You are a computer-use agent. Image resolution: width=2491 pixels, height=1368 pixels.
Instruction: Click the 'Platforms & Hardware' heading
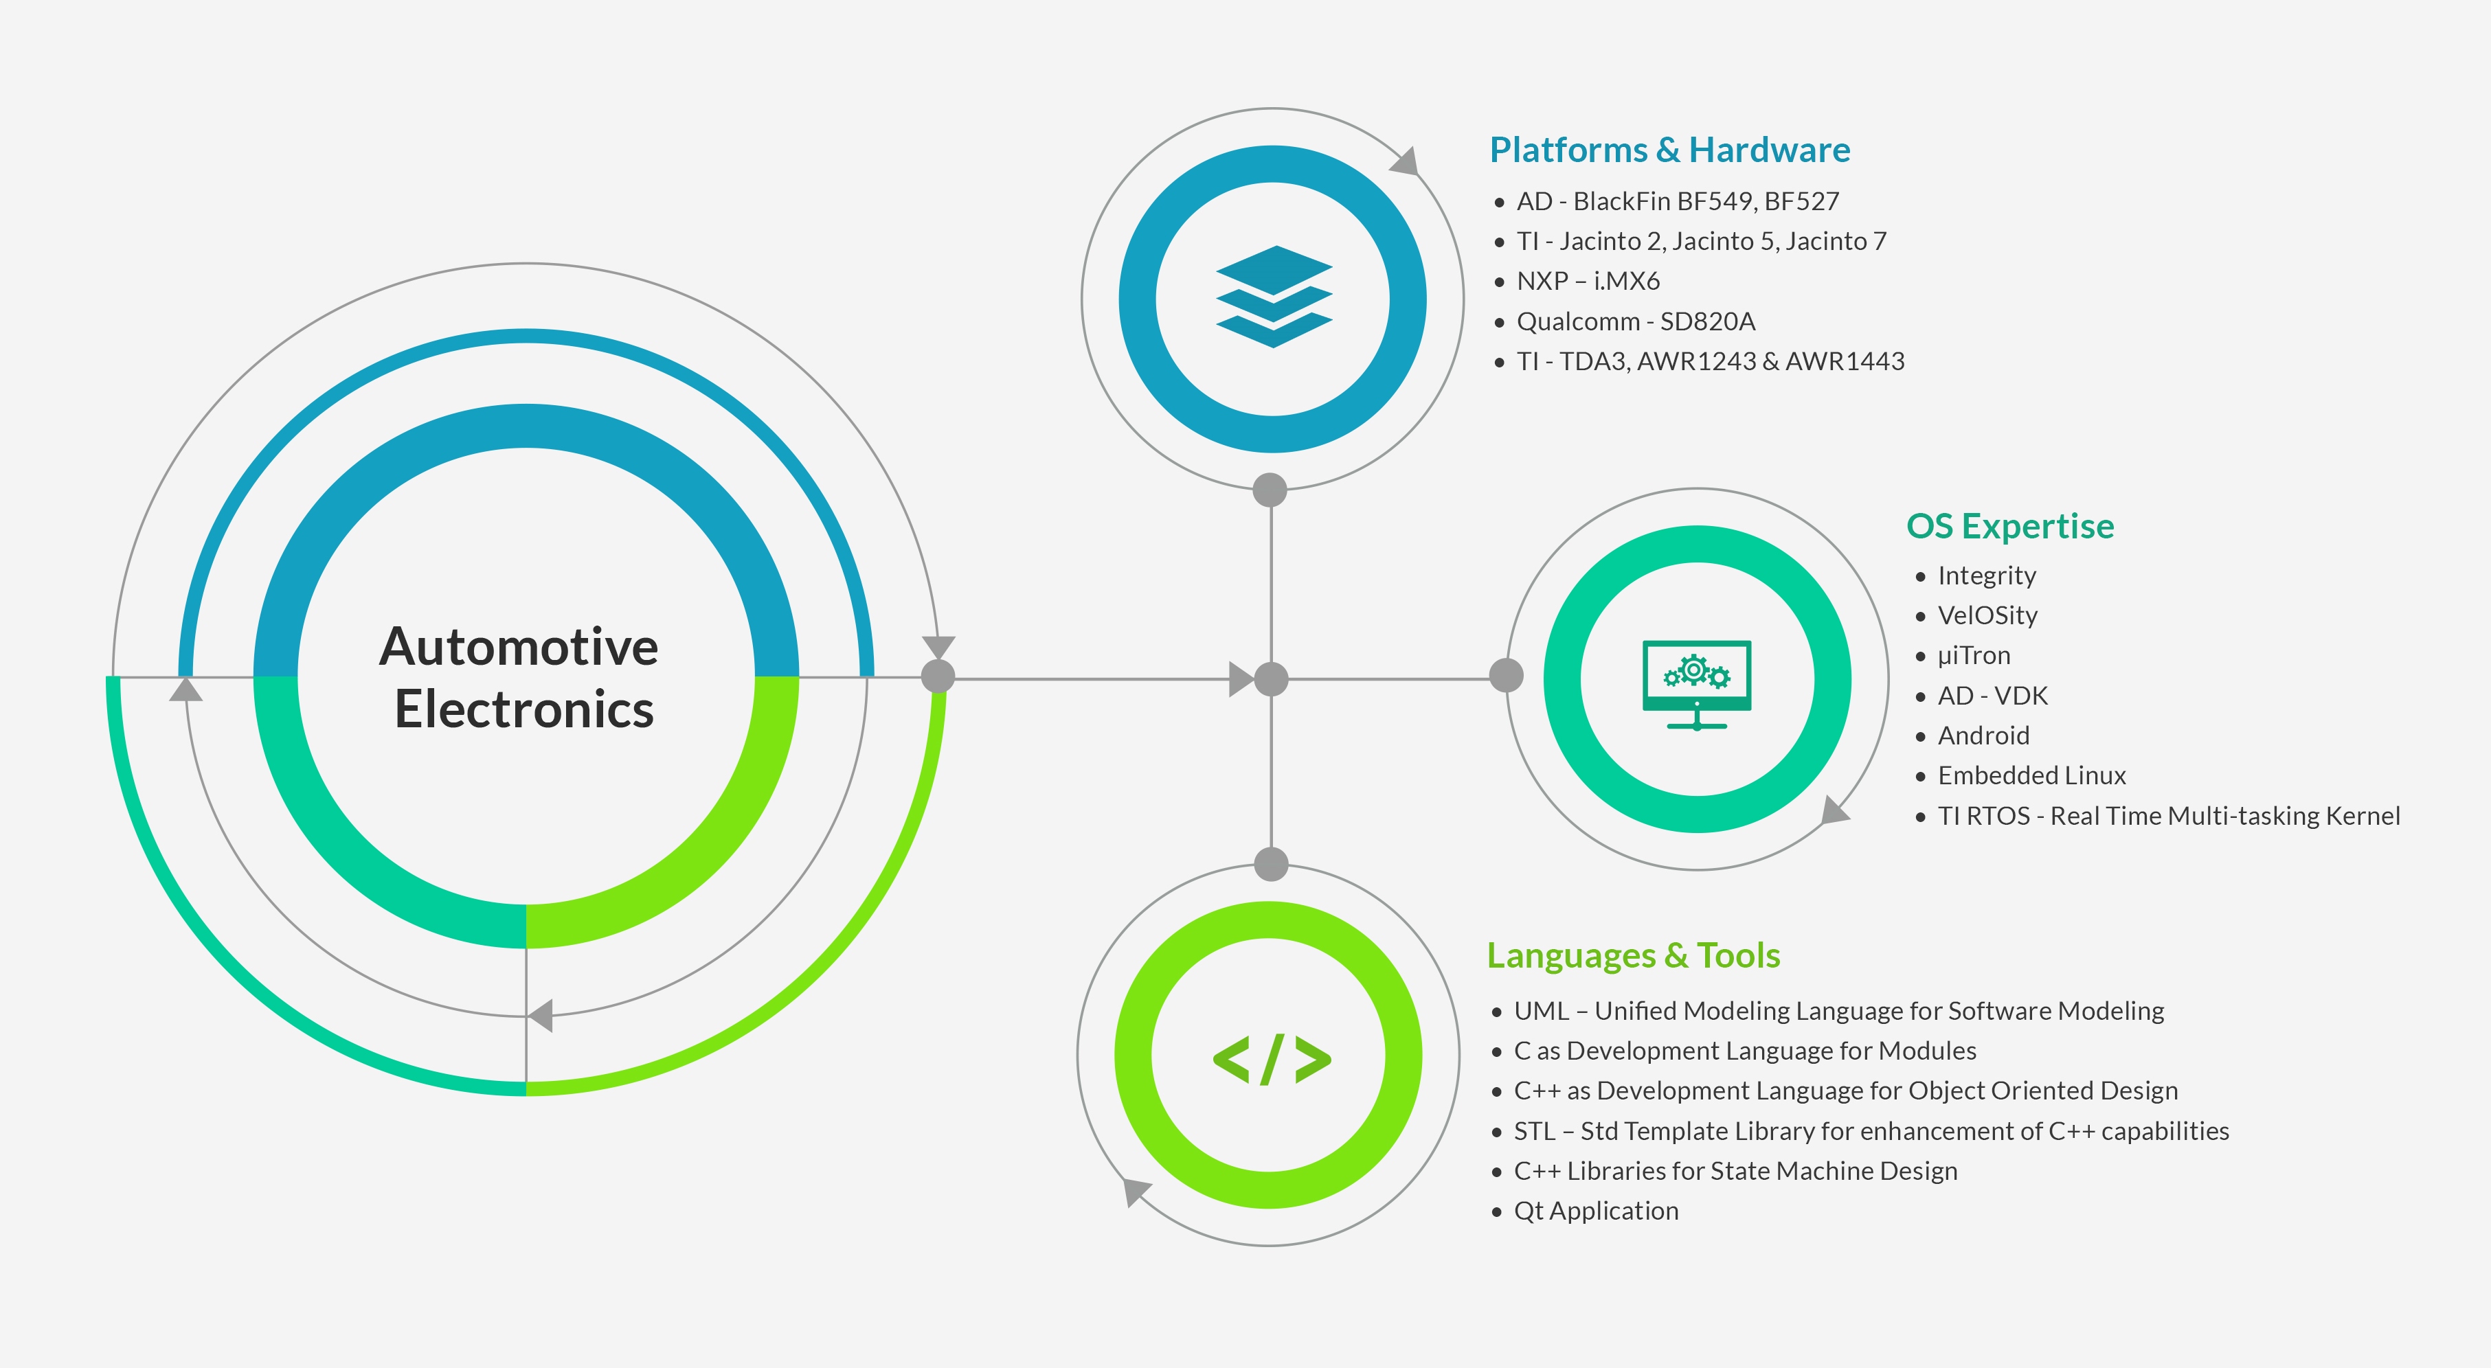point(1669,150)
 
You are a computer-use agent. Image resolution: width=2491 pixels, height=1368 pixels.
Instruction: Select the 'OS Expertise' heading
point(2009,526)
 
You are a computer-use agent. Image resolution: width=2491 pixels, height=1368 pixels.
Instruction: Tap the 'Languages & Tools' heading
point(1633,955)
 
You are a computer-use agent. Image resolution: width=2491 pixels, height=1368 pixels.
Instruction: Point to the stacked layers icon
point(1274,297)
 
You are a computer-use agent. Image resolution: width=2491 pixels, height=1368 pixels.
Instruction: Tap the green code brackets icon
point(1272,1060)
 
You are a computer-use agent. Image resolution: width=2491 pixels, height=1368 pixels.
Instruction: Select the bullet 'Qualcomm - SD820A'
point(1635,321)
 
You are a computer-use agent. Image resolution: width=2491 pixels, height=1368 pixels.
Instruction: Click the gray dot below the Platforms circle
point(1270,490)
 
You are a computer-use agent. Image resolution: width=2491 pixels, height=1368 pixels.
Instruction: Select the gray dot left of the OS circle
point(1506,675)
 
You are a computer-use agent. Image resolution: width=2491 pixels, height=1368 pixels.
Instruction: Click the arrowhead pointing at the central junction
point(1241,679)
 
